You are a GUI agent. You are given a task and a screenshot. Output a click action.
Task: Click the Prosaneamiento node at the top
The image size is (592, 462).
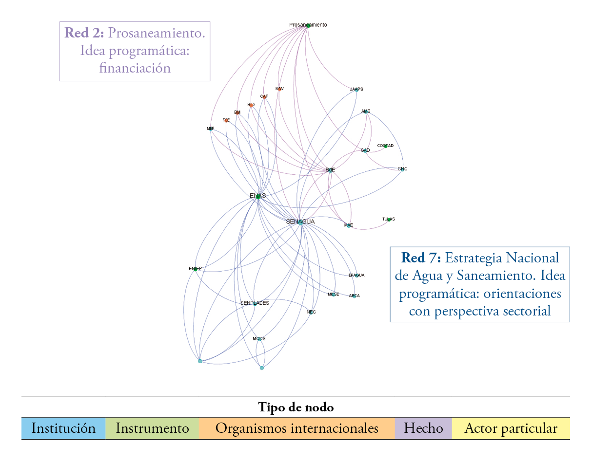pyautogui.click(x=308, y=25)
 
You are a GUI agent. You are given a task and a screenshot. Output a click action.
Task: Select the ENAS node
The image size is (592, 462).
pyautogui.click(x=258, y=197)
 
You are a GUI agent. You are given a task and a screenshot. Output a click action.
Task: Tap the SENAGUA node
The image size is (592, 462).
pyautogui.click(x=300, y=222)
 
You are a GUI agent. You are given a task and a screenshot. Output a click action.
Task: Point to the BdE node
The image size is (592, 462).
pyautogui.click(x=330, y=170)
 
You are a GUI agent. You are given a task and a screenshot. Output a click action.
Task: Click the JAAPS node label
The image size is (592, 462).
pyautogui.click(x=356, y=89)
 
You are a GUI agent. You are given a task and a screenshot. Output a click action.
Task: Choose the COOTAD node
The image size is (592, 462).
pyautogui.click(x=385, y=146)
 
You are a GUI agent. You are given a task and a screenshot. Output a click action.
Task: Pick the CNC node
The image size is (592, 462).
pyautogui.click(x=402, y=169)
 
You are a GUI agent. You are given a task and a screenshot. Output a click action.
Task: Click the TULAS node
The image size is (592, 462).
pyautogui.click(x=389, y=220)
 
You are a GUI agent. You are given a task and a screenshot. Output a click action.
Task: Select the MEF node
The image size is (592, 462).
pyautogui.click(x=211, y=129)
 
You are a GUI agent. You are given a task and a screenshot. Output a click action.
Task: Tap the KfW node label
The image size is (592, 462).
pyautogui.click(x=279, y=89)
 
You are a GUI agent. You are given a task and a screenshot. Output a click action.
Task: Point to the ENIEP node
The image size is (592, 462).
pyautogui.click(x=196, y=269)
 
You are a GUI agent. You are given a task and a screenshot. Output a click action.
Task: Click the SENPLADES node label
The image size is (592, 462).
pyautogui.click(x=255, y=303)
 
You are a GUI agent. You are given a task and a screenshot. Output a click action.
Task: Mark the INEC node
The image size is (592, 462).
pyautogui.click(x=311, y=312)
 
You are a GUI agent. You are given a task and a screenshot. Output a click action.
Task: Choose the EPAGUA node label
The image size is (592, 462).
pyautogui.click(x=356, y=275)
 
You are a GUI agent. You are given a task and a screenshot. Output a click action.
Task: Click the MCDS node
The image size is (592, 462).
pyautogui.click(x=259, y=338)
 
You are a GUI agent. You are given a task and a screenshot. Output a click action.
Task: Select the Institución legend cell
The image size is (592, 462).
pyautogui.click(x=63, y=428)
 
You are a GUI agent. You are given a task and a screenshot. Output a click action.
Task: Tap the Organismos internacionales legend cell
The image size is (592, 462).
pyautogui.click(x=296, y=428)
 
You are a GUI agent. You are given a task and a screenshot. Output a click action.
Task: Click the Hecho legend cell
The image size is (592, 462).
pyautogui.click(x=423, y=428)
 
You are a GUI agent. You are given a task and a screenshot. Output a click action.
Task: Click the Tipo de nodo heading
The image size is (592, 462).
pyautogui.click(x=296, y=407)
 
